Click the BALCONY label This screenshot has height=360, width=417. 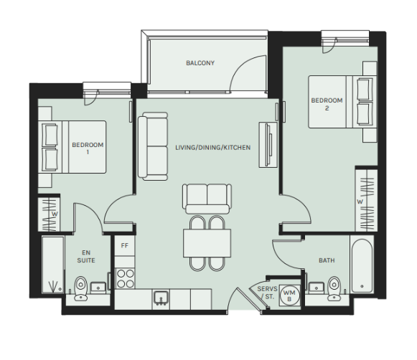pyautogui.click(x=200, y=63)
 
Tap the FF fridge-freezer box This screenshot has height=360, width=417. pyautogui.click(x=125, y=246)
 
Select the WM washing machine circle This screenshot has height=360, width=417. pyautogui.click(x=289, y=295)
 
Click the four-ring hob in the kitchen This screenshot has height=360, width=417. pyautogui.click(x=126, y=278)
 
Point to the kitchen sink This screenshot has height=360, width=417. pyautogui.click(x=161, y=298)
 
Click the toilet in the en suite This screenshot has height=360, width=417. pyautogui.click(x=80, y=288)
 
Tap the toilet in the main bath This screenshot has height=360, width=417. pyautogui.click(x=334, y=288)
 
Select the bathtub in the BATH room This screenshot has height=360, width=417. pyautogui.click(x=362, y=266)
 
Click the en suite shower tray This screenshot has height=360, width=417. pyautogui.click(x=53, y=265)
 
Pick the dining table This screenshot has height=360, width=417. pyautogui.click(x=207, y=243)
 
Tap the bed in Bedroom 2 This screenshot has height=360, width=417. pyautogui.click(x=342, y=102)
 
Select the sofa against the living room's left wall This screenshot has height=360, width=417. pyautogui.click(x=153, y=146)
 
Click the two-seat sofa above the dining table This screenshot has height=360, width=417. pyautogui.click(x=207, y=199)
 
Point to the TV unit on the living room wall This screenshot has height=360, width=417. pyautogui.click(x=268, y=145)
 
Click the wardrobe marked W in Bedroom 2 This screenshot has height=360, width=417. pyautogui.click(x=366, y=200)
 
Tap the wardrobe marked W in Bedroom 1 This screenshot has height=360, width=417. pyautogui.click(x=49, y=214)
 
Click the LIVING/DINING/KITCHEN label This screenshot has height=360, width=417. pyautogui.click(x=212, y=148)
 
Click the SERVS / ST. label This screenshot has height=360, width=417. pyautogui.click(x=267, y=293)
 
